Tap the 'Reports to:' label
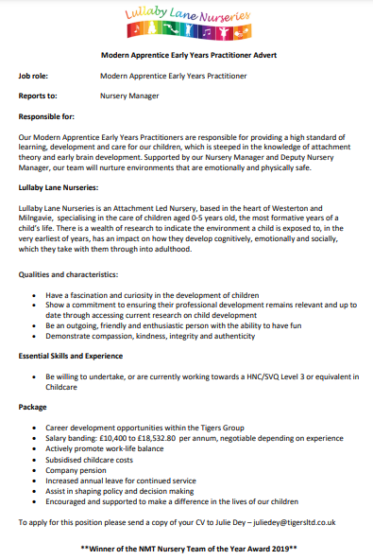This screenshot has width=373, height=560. point(39,96)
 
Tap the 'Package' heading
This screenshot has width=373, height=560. point(33,406)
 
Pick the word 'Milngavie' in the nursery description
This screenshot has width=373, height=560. point(39,218)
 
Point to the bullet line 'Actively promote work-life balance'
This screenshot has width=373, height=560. point(107,448)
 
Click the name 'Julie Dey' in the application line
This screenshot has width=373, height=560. point(219,521)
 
